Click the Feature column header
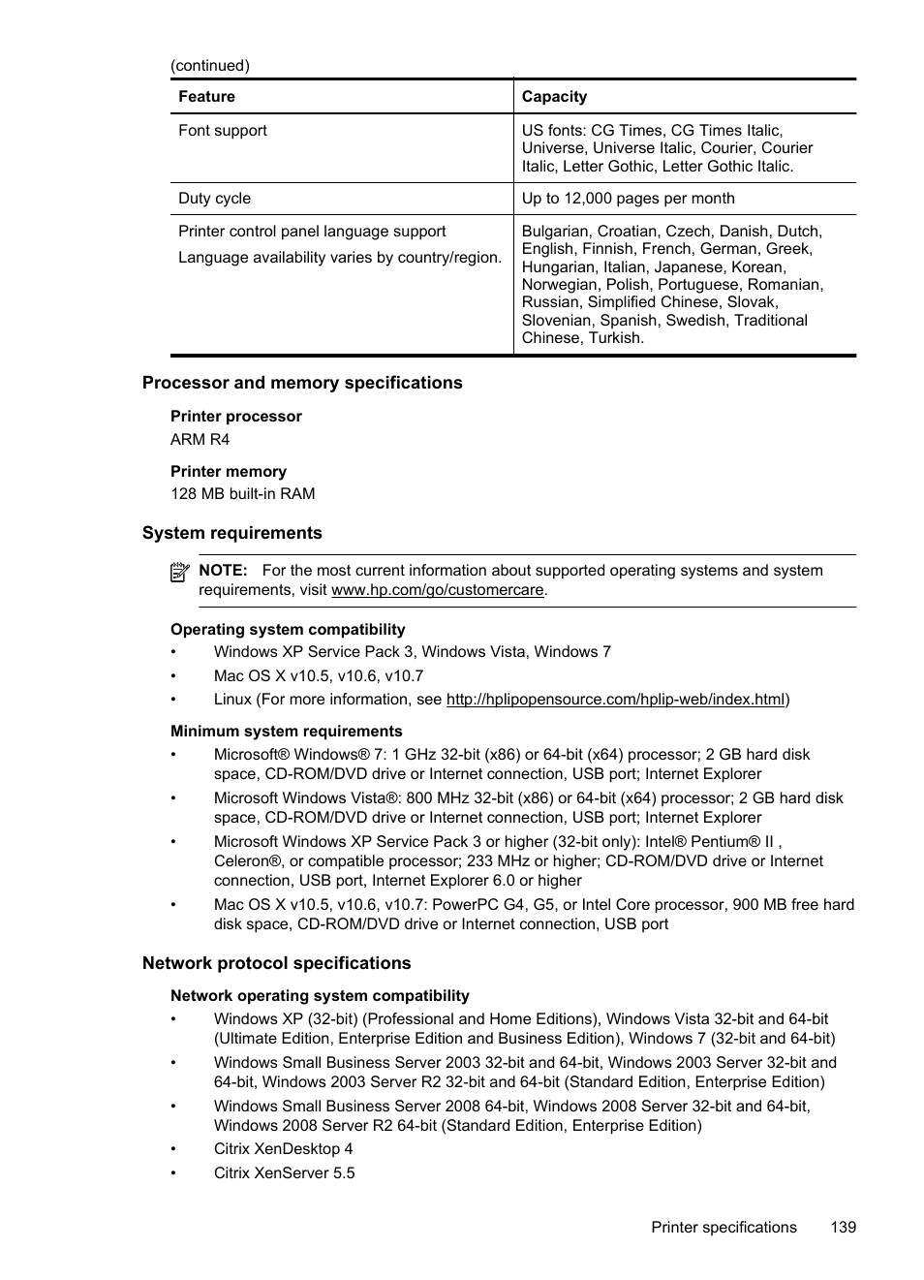(x=206, y=97)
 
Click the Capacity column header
(x=554, y=97)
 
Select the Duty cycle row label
(x=214, y=199)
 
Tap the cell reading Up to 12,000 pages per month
(x=628, y=199)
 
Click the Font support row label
(x=222, y=131)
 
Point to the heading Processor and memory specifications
(x=302, y=383)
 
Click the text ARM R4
(x=200, y=440)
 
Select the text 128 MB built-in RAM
(x=242, y=494)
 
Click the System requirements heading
(x=231, y=533)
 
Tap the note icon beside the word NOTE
(x=179, y=572)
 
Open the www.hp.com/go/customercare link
(x=437, y=590)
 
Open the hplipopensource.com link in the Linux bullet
(x=615, y=700)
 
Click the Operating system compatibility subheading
(x=288, y=630)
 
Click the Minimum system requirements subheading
(x=286, y=732)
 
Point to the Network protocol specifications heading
(x=276, y=963)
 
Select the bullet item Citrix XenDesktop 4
(x=283, y=1149)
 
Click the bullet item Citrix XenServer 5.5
(x=284, y=1173)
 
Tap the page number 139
(x=843, y=1228)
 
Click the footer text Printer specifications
(x=724, y=1228)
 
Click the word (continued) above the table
(x=210, y=66)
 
